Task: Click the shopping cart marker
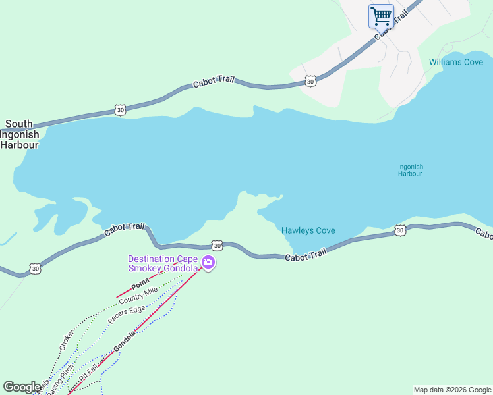point(381,16)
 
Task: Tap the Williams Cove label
point(456,62)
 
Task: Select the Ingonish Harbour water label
point(410,170)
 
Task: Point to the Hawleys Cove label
point(308,230)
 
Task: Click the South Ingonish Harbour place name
point(19,134)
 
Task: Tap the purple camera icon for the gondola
point(209,263)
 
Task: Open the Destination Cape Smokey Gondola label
point(163,263)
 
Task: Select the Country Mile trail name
point(138,296)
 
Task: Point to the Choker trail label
point(67,339)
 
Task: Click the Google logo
point(22,387)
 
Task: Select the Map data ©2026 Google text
point(452,390)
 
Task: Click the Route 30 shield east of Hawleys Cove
point(400,230)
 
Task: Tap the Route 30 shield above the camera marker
point(217,245)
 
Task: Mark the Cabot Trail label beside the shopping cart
point(388,27)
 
